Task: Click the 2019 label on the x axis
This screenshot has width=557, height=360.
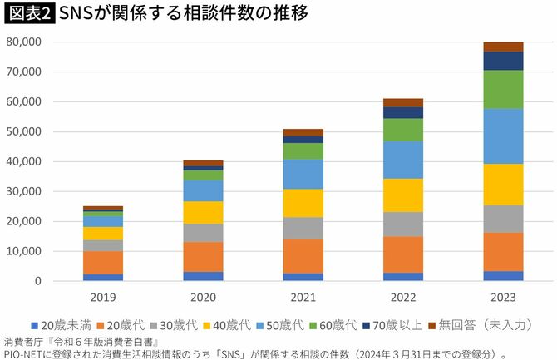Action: point(103,296)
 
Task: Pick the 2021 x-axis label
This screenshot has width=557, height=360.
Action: point(303,296)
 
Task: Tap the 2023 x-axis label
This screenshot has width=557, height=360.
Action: point(503,296)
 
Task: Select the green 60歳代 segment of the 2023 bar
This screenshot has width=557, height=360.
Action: point(503,89)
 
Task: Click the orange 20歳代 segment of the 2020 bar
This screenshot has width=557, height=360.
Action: point(203,257)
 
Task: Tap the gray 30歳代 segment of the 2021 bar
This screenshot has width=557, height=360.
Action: point(303,228)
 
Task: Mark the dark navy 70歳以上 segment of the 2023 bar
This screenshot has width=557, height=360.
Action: point(503,61)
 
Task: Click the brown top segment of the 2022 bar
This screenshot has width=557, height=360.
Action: point(402,102)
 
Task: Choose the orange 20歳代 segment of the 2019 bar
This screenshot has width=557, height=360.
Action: point(103,263)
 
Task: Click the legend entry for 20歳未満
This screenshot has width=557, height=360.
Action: point(57,326)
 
